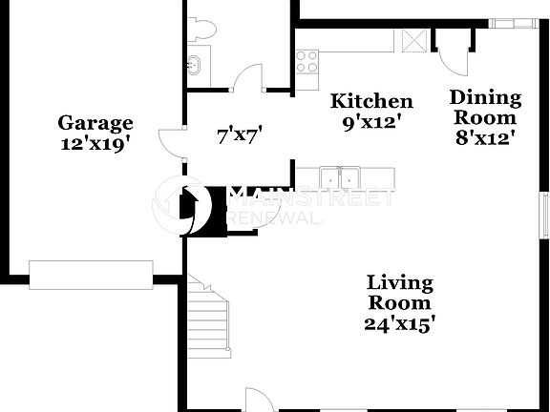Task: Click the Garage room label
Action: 95,123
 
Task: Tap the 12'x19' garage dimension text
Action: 95,143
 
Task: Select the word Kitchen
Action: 371,101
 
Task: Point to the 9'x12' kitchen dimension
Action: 371,121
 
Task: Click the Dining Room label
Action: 485,107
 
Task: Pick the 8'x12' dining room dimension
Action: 485,137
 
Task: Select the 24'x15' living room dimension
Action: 401,323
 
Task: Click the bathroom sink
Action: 193,65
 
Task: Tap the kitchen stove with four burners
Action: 307,62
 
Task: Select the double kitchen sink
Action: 340,176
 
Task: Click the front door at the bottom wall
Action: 259,402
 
